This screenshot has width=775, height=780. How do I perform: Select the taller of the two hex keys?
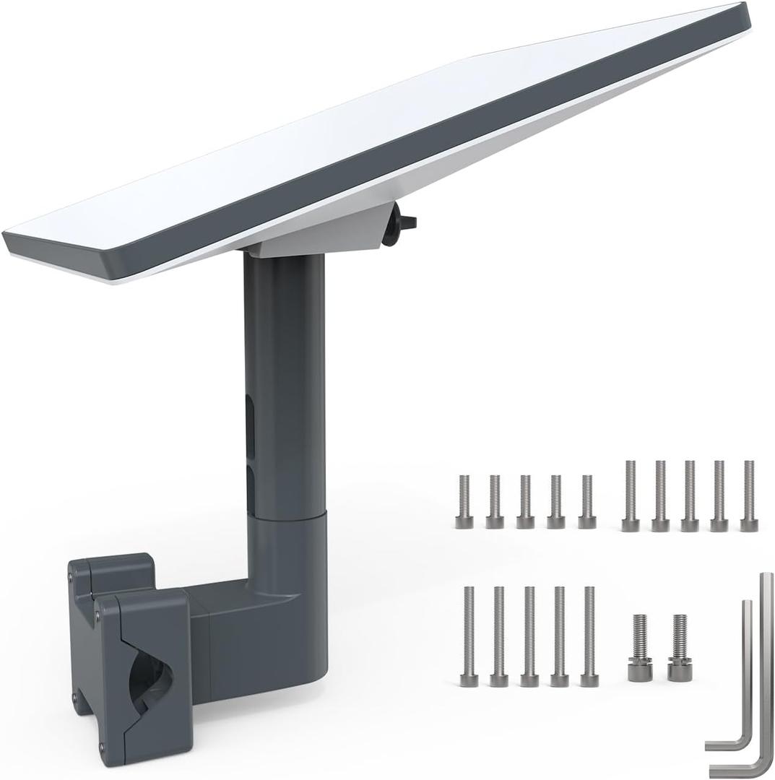coord(764,672)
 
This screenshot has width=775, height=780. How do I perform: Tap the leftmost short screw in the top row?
coord(464,501)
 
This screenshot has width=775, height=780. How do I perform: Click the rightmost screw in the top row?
coord(748,495)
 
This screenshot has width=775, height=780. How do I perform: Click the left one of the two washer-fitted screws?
coord(640,647)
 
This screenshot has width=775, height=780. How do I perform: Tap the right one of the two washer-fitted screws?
coord(679,647)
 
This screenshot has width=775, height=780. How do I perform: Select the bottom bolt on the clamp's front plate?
coord(101,747)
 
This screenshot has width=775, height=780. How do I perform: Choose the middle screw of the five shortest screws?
coord(525,501)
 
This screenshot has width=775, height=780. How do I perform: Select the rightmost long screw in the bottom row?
coord(589,636)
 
